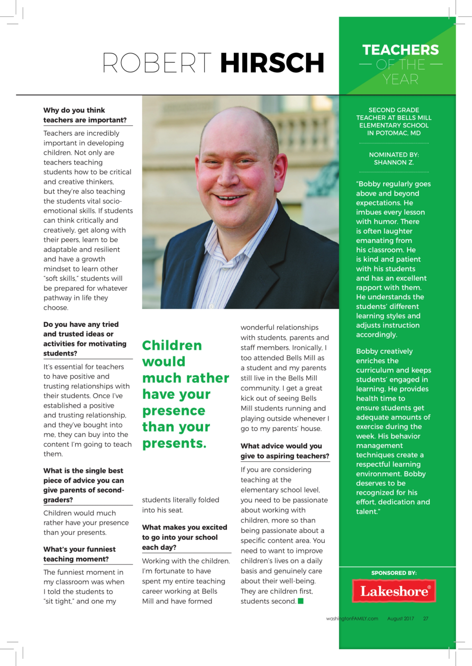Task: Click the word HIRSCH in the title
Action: [272, 63]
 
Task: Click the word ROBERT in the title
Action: [157, 63]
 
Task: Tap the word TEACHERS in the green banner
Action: [400, 50]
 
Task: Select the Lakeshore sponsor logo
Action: [394, 591]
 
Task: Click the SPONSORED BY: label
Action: [394, 573]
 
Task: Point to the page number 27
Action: [426, 619]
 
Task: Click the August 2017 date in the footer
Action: [400, 619]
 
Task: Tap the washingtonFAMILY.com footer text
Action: [352, 619]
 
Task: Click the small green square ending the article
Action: [300, 601]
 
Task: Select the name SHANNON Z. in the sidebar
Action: [394, 162]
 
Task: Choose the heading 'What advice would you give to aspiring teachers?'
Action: [285, 451]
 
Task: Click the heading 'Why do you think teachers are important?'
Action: [85, 115]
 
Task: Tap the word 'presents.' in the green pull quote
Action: [174, 443]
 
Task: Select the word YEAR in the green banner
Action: [400, 79]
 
